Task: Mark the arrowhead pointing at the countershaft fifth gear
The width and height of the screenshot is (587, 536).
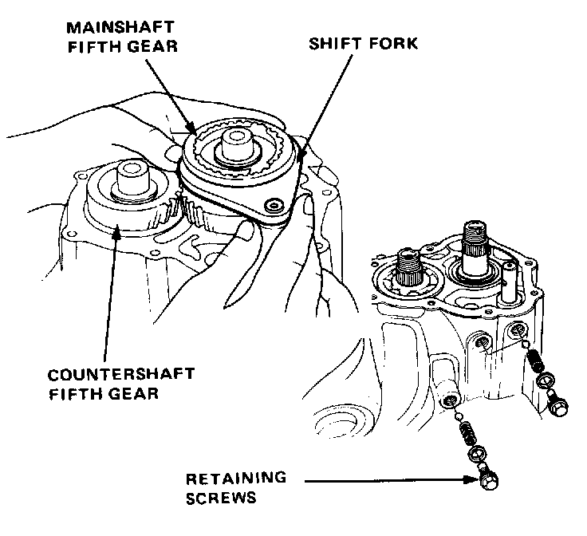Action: [118, 231]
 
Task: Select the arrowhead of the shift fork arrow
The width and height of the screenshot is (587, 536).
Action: [301, 159]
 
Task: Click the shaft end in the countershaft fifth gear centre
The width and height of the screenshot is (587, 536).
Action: [132, 176]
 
